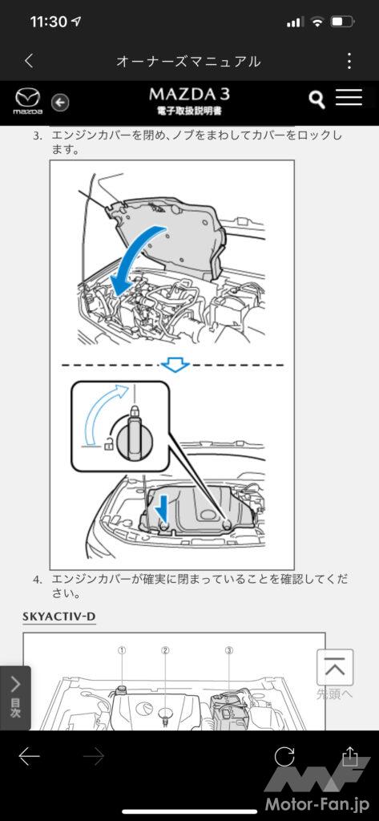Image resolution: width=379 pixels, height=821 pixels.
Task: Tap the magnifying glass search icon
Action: point(317,99)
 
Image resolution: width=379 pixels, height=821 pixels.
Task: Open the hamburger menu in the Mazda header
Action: point(349,97)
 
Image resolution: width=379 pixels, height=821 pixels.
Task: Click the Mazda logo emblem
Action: point(27,98)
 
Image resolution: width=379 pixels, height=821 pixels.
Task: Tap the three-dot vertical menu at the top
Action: point(349,61)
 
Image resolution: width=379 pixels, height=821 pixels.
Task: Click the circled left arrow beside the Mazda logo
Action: point(60,102)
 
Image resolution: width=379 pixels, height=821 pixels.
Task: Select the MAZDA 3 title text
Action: point(189,95)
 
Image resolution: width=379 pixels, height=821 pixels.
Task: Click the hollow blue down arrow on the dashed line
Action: point(175,365)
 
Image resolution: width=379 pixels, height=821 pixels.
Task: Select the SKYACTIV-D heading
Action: point(59,617)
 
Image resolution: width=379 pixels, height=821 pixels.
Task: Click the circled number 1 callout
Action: point(122,650)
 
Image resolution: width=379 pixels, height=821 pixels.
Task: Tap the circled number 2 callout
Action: point(165,650)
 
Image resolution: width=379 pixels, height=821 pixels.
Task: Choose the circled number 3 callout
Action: point(229,650)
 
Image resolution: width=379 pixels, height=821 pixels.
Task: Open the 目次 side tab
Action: point(15,698)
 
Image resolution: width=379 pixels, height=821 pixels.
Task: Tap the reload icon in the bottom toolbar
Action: point(284,756)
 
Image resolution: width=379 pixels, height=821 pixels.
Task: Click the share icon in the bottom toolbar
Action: point(349,756)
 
